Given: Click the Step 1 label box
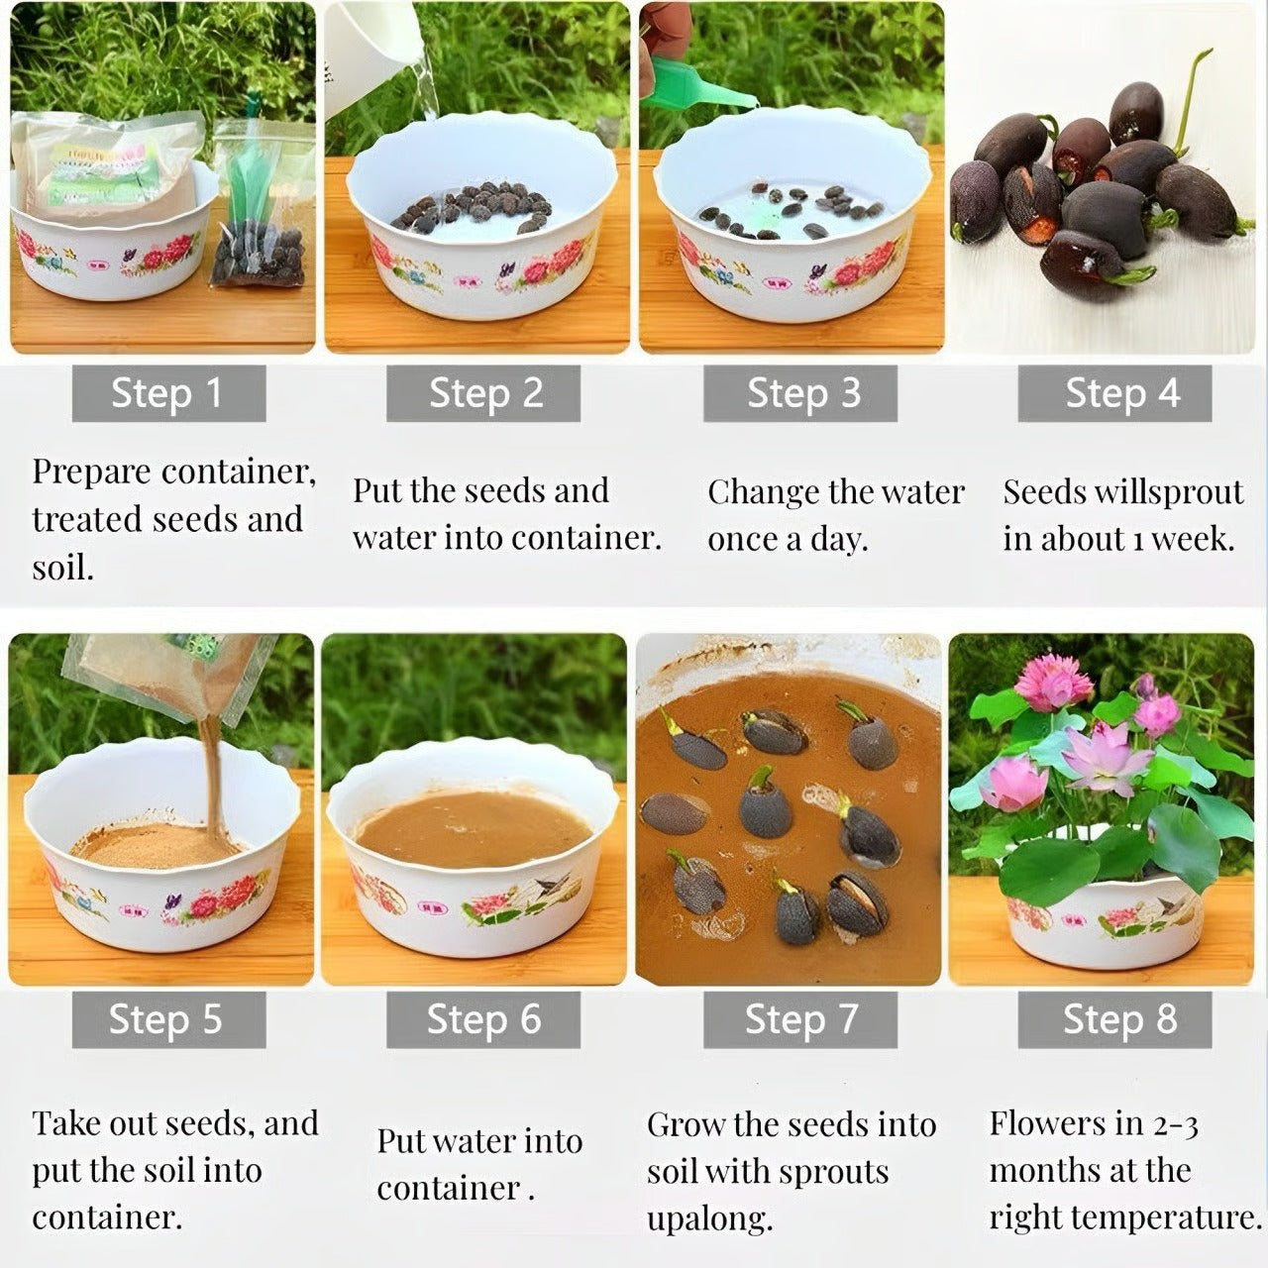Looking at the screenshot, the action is (x=169, y=393).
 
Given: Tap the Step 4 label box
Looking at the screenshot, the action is (x=1114, y=393).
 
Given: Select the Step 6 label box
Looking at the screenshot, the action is (x=483, y=1020).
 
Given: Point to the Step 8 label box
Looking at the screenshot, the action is (x=1114, y=1020).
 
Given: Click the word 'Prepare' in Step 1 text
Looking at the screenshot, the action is (x=92, y=473).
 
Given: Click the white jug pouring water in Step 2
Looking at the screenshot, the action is (x=371, y=53).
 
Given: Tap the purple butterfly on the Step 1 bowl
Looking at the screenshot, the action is (x=129, y=256).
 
